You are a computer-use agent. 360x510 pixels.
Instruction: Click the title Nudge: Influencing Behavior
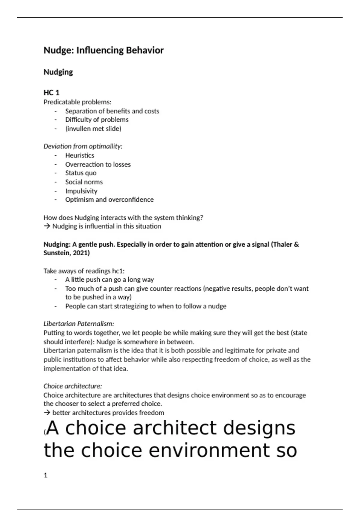tap(103, 50)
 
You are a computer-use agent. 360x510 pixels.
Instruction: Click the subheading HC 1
tap(51, 93)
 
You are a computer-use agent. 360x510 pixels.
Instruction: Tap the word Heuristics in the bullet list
tap(79, 155)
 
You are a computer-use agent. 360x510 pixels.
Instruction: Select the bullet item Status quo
tap(81, 173)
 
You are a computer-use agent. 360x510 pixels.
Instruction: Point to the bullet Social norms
tap(84, 182)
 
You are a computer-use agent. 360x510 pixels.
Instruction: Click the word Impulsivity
tap(81, 191)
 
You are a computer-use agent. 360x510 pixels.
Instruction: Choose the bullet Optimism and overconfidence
tap(109, 200)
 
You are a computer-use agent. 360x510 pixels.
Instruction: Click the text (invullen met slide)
tap(93, 129)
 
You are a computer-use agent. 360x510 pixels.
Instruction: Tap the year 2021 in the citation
tap(80, 253)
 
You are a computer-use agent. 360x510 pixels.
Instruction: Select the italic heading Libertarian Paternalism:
tap(79, 324)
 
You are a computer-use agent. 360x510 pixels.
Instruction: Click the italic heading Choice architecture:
tap(73, 386)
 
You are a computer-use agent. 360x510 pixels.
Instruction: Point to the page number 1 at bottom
tap(45, 475)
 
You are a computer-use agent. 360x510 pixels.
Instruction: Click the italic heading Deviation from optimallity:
tap(83, 146)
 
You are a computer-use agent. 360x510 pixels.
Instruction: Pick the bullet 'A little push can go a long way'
tap(109, 280)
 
